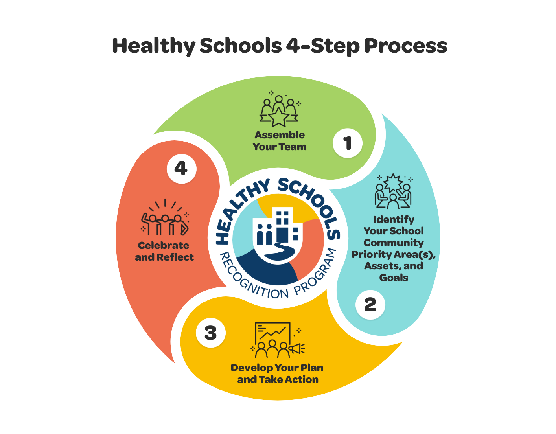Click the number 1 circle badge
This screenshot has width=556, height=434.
[348, 143]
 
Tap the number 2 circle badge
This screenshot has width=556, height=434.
[370, 305]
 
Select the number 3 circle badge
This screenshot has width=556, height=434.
[211, 333]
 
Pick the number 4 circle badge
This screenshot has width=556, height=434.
[181, 169]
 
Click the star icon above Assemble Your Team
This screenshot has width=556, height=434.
[279, 117]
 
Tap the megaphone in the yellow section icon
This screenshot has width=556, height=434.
[296, 349]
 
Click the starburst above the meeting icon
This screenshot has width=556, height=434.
[393, 183]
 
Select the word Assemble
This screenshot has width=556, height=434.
[280, 135]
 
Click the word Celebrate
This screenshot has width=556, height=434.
[164, 245]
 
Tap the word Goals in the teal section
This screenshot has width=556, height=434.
[394, 278]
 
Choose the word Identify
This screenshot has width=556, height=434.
[394, 219]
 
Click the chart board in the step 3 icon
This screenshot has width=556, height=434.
[273, 333]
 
